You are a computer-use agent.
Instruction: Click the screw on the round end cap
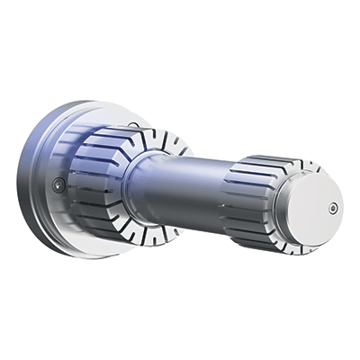[x=333, y=208]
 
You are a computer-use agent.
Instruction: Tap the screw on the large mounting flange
[x=58, y=184]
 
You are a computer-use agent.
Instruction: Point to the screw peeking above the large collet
[x=133, y=125]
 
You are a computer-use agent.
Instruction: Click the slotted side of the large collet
[x=94, y=180]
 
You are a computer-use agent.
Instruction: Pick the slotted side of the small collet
[x=252, y=193]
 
